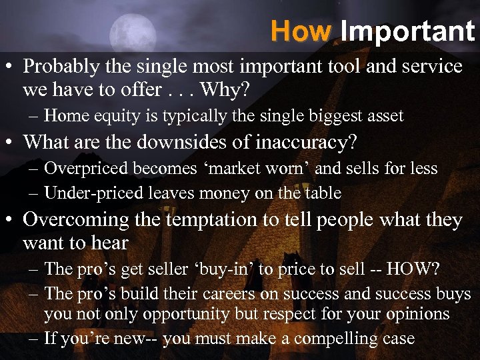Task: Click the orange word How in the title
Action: click(301, 31)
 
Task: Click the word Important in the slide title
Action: click(407, 31)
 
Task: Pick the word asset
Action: click(383, 116)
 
